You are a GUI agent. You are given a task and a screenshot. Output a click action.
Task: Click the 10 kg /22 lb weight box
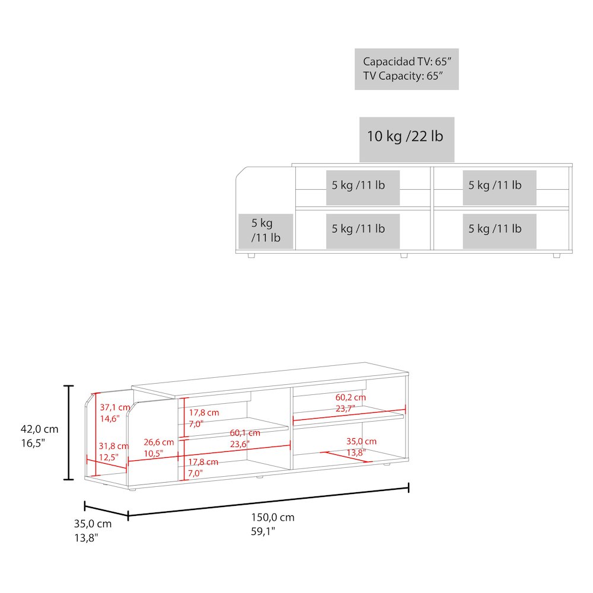pyautogui.click(x=407, y=139)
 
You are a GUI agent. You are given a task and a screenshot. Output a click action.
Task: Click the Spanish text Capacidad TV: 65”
pyautogui.click(x=407, y=61)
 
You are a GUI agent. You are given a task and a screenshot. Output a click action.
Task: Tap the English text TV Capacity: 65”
pyautogui.click(x=403, y=76)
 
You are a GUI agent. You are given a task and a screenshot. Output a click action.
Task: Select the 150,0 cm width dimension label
pyautogui.click(x=273, y=517)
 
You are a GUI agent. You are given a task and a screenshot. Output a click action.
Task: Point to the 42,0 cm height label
pyautogui.click(x=39, y=429)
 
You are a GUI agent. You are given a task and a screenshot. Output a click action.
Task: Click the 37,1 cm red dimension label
pyautogui.click(x=115, y=407)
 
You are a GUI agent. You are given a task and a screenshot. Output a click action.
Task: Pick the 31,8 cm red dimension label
pyautogui.click(x=114, y=446)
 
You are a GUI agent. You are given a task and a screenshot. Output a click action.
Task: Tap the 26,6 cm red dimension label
pyautogui.click(x=159, y=442)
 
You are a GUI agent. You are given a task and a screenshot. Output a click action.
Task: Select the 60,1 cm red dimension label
pyautogui.click(x=245, y=433)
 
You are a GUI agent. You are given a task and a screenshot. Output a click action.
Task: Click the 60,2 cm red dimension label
pyautogui.click(x=350, y=397)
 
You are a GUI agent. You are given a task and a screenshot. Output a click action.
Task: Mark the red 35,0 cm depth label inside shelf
pyautogui.click(x=362, y=441)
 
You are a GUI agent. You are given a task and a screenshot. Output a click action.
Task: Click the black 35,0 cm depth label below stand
pyautogui.click(x=93, y=524)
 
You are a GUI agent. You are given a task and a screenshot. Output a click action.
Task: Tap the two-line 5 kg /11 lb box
pyautogui.click(x=266, y=231)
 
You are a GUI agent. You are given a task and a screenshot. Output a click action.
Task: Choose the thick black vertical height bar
pyautogui.click(x=68, y=433)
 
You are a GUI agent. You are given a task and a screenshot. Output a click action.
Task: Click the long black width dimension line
pyautogui.click(x=269, y=502)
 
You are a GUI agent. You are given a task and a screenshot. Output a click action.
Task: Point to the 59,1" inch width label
pyautogui.click(x=263, y=531)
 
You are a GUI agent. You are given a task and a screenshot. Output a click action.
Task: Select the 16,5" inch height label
pyautogui.click(x=33, y=443)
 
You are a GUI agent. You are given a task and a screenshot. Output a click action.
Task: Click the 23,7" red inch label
pyautogui.click(x=345, y=409)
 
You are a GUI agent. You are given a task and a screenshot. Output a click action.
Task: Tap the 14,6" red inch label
pyautogui.click(x=110, y=419)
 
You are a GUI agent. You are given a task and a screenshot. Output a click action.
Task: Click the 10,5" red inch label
pyautogui.click(x=154, y=454)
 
